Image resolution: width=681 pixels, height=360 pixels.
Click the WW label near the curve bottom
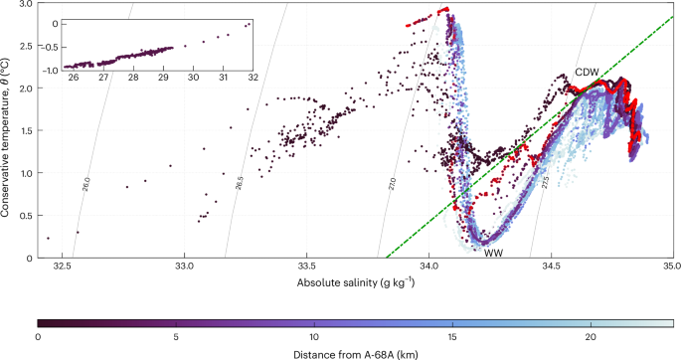pos(493,254)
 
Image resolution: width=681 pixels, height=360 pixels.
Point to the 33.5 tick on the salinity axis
pos(306,268)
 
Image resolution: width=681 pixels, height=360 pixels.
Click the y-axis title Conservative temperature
pos(8,130)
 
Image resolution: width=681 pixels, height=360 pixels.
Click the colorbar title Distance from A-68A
pos(354,352)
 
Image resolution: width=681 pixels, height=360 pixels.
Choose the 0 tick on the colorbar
pos(38,336)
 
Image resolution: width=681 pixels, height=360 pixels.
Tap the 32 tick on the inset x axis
pos(254,78)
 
